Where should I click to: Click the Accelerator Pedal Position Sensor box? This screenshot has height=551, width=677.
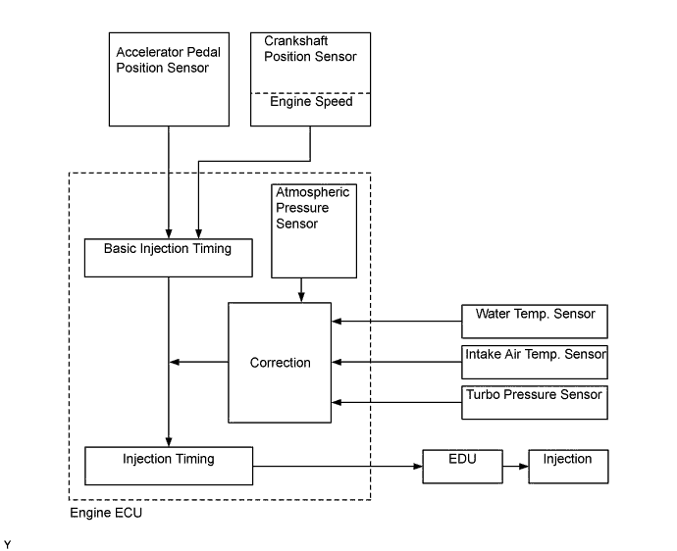tap(169, 78)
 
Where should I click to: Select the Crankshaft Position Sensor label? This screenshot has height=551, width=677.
tap(310, 49)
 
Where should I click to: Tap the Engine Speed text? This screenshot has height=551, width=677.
tap(310, 102)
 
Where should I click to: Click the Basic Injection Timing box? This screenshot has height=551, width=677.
tap(168, 256)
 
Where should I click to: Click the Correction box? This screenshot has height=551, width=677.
tap(281, 362)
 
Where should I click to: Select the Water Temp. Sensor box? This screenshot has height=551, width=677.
tap(535, 321)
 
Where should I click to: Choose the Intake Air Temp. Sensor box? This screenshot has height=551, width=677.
tap(535, 362)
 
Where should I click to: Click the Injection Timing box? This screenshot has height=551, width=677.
tap(169, 466)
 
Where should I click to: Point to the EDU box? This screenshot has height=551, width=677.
tap(462, 466)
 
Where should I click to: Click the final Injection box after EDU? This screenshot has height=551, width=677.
tap(568, 466)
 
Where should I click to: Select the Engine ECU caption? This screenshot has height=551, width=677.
tap(106, 513)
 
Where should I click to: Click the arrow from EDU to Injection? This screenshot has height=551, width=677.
tap(515, 466)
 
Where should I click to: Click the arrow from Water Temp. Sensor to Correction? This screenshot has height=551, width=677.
tap(397, 321)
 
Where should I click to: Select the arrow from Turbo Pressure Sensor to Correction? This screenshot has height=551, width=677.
tap(397, 401)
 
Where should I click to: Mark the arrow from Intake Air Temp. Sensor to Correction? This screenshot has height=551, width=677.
tap(397, 362)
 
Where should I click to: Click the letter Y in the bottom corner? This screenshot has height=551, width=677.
tap(8, 542)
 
